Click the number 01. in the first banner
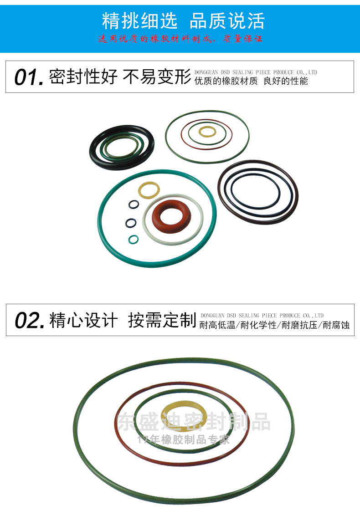[x=29, y=77]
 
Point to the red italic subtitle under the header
[x=180, y=39]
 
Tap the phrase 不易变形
[x=157, y=77]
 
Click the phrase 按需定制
[x=162, y=320]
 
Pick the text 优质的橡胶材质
[x=226, y=82]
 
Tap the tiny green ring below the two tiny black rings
[x=133, y=239]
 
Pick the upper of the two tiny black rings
[x=133, y=204]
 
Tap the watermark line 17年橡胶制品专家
[x=183, y=439]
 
